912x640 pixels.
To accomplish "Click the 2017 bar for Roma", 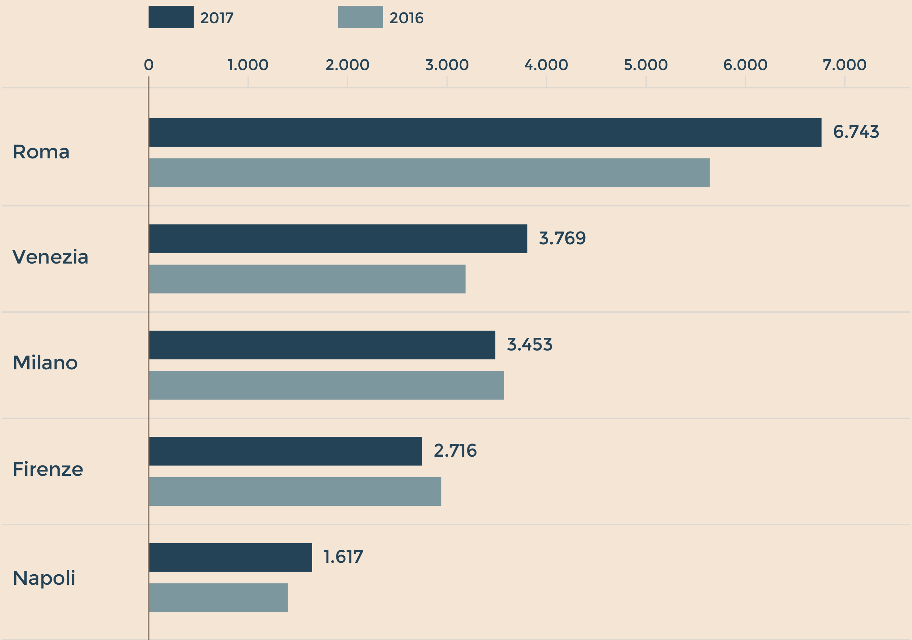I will click(x=485, y=132).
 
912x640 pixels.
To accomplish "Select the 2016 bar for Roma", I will click(x=429, y=173).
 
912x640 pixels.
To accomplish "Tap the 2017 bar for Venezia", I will click(x=338, y=239).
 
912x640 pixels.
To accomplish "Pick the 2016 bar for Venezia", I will click(x=307, y=279).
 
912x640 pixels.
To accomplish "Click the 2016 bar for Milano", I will click(x=327, y=385).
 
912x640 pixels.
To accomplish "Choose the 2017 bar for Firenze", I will click(x=286, y=451).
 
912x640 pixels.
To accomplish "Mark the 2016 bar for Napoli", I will click(x=219, y=598).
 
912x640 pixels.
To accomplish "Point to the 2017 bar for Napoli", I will click(x=230, y=557).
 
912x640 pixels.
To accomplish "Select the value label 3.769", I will click(x=562, y=239).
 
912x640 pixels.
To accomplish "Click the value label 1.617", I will click(x=343, y=557).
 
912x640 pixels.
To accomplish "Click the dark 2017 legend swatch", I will click(x=171, y=17).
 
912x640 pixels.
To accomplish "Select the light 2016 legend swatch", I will click(x=360, y=17).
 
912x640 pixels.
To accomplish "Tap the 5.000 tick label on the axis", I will click(x=646, y=65).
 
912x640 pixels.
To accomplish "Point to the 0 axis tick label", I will click(x=149, y=65).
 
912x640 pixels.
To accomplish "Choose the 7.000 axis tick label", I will click(x=844, y=65).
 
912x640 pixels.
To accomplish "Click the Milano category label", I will click(x=45, y=363).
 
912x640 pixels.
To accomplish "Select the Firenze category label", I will click(x=48, y=469).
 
